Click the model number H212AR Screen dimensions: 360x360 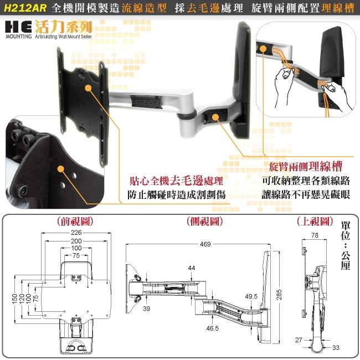24,9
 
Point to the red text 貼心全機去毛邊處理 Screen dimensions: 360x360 176,181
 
